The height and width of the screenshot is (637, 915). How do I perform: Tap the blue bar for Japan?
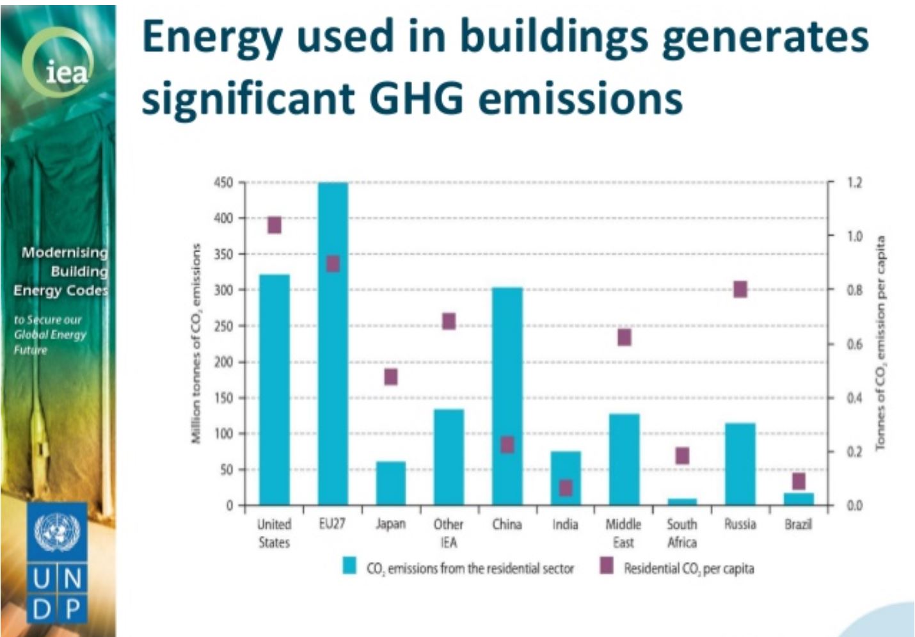pos(390,483)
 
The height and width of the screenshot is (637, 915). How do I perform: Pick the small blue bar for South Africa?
pos(682,501)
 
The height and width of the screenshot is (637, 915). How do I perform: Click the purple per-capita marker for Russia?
pos(740,289)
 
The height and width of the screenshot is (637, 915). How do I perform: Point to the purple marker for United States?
pos(274,225)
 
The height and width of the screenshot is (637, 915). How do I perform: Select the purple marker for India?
pos(566,488)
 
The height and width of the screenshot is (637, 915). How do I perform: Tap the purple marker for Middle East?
pos(625,337)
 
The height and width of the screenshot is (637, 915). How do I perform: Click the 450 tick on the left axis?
pos(223,182)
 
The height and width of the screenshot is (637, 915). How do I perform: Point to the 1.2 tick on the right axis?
pos(855,182)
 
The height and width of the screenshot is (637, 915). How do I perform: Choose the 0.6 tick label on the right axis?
pos(855,344)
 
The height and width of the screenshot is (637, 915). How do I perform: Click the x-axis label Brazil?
pos(798,524)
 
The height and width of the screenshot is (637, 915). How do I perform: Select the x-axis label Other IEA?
pos(449,533)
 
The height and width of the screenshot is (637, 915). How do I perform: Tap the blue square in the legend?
pos(349,566)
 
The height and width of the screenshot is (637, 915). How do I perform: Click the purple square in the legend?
pos(607,566)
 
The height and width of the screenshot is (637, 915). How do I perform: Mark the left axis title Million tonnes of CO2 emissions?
pos(196,344)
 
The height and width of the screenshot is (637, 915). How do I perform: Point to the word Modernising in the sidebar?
pos(65,252)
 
